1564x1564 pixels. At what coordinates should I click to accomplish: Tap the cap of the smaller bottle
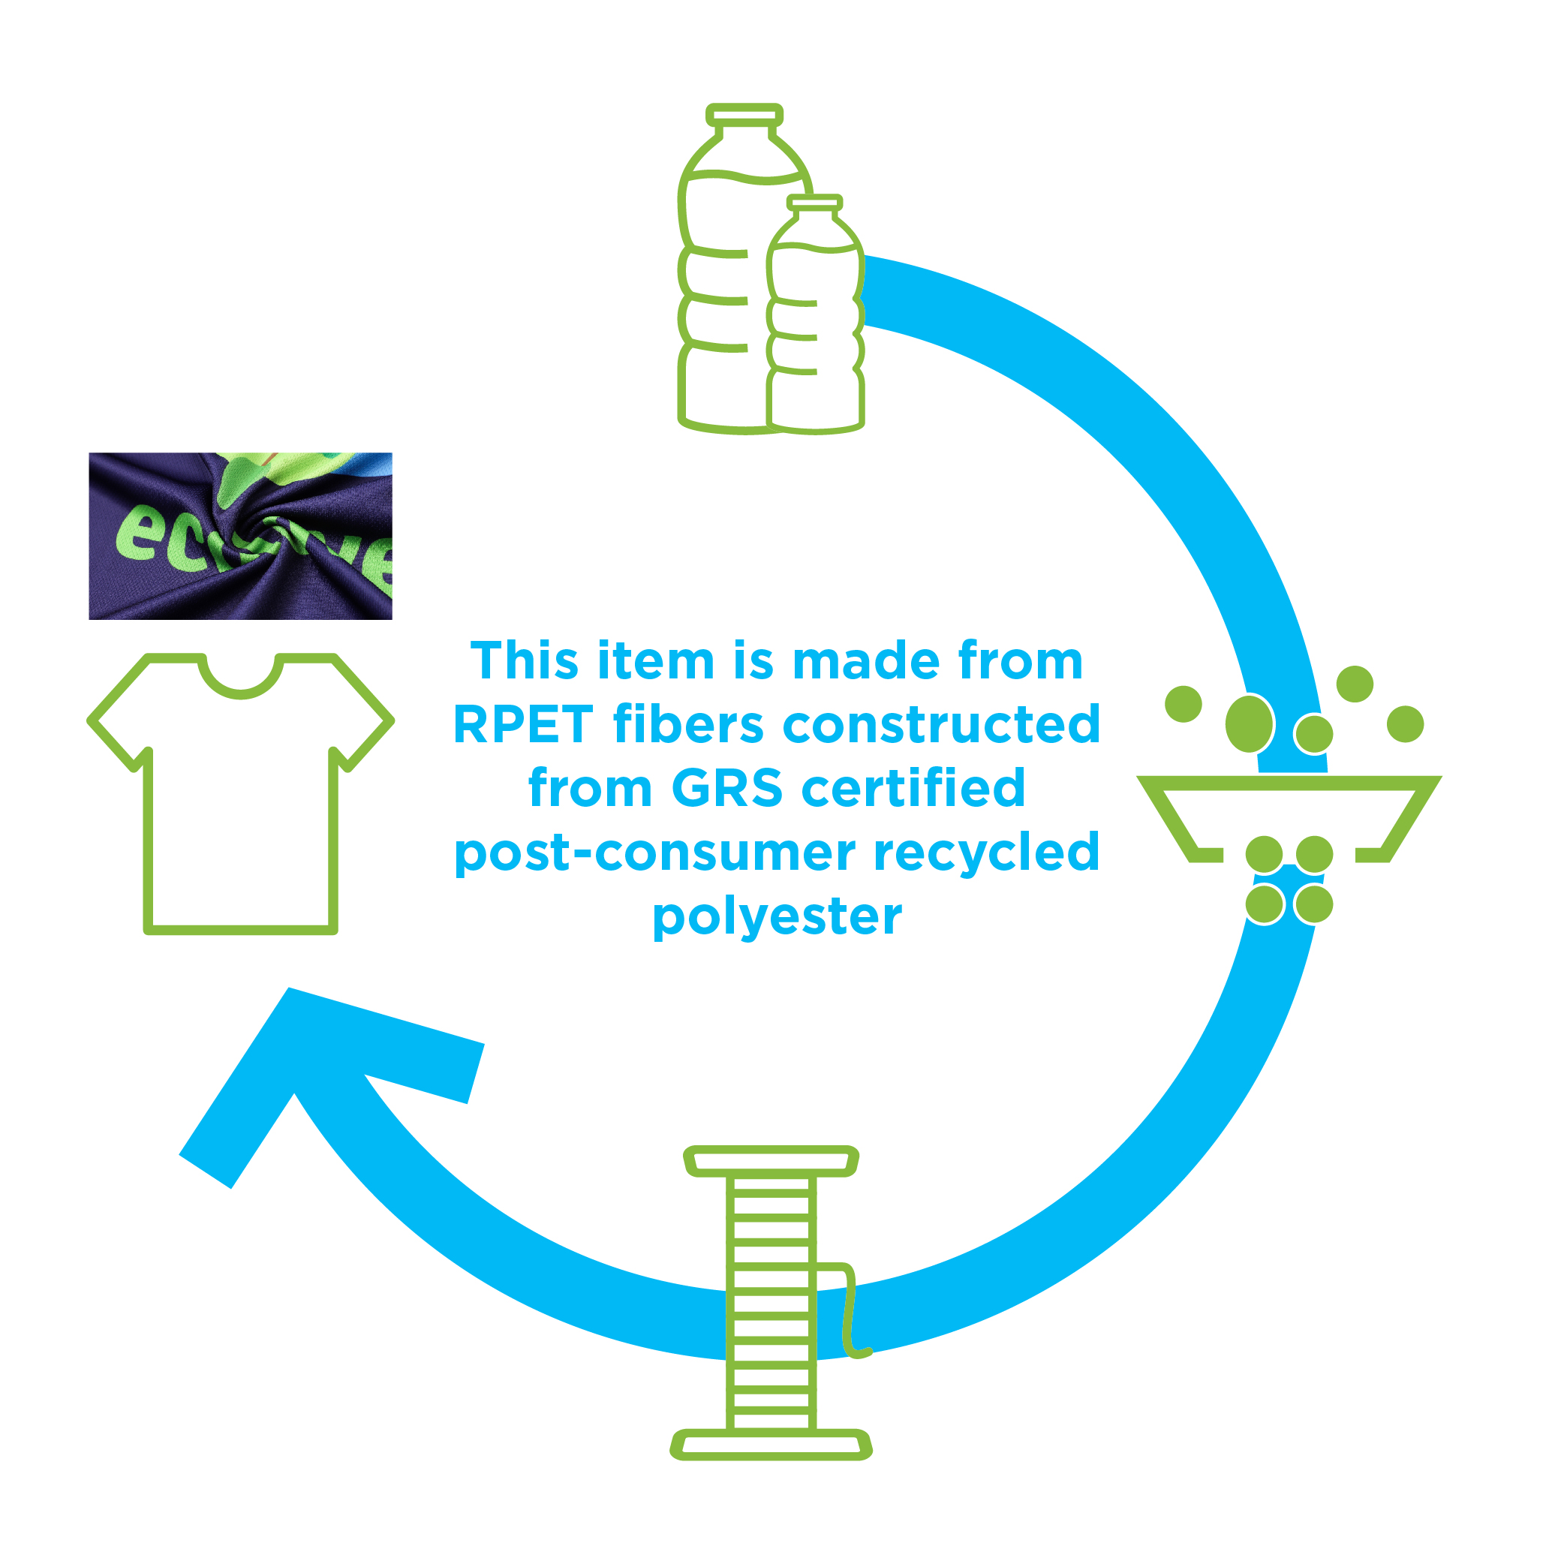click(x=814, y=203)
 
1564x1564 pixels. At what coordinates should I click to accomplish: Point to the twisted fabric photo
click(x=240, y=536)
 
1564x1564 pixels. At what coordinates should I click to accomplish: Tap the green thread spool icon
click(x=771, y=1304)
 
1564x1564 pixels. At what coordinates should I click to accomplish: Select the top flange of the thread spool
click(x=771, y=1161)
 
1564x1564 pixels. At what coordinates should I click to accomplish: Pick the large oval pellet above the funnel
click(x=1249, y=723)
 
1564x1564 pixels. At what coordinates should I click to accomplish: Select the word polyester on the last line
click(x=777, y=916)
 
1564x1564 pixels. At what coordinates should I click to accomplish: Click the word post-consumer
click(x=656, y=853)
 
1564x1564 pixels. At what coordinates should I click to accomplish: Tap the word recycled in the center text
click(x=987, y=853)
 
